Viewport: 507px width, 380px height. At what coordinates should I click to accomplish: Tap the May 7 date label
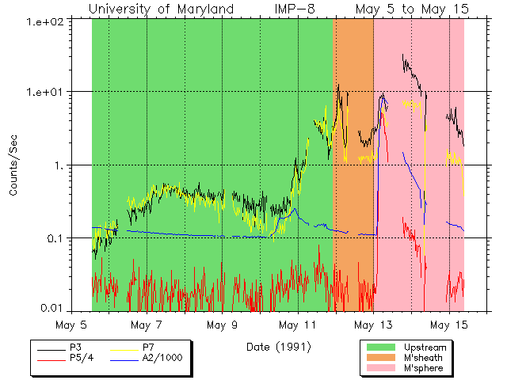tap(147, 325)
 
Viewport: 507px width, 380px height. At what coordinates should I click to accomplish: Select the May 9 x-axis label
tap(223, 325)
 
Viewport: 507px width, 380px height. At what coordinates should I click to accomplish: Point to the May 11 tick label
tap(298, 325)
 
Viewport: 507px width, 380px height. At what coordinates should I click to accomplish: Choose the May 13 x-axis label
tap(373, 325)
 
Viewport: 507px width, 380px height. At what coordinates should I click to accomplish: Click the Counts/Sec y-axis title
tap(13, 165)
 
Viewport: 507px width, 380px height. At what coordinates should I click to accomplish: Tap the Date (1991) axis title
tap(278, 347)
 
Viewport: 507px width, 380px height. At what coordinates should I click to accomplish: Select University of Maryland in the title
tap(161, 9)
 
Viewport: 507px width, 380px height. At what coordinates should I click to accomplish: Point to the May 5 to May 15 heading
tap(411, 9)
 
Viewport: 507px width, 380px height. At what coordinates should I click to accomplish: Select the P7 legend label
tap(148, 348)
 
